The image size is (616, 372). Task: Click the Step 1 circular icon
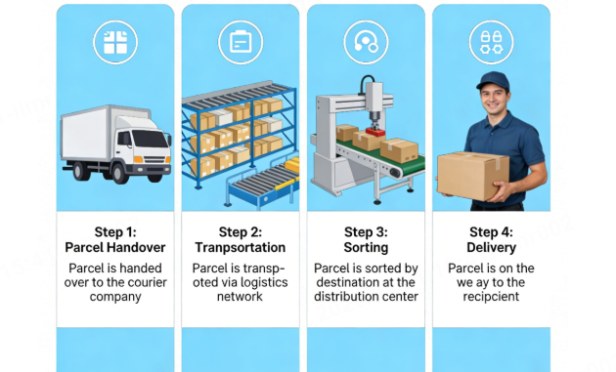click(114, 41)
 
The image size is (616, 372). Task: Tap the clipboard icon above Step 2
click(240, 41)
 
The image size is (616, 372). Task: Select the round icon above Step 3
click(365, 41)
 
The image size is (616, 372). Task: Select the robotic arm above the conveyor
click(373, 105)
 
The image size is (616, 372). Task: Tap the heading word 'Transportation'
click(240, 247)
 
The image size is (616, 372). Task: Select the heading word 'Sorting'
click(365, 247)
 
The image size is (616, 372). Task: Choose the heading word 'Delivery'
click(490, 247)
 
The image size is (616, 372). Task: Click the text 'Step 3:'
click(365, 232)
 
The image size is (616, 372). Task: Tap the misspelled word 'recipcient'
click(491, 297)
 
